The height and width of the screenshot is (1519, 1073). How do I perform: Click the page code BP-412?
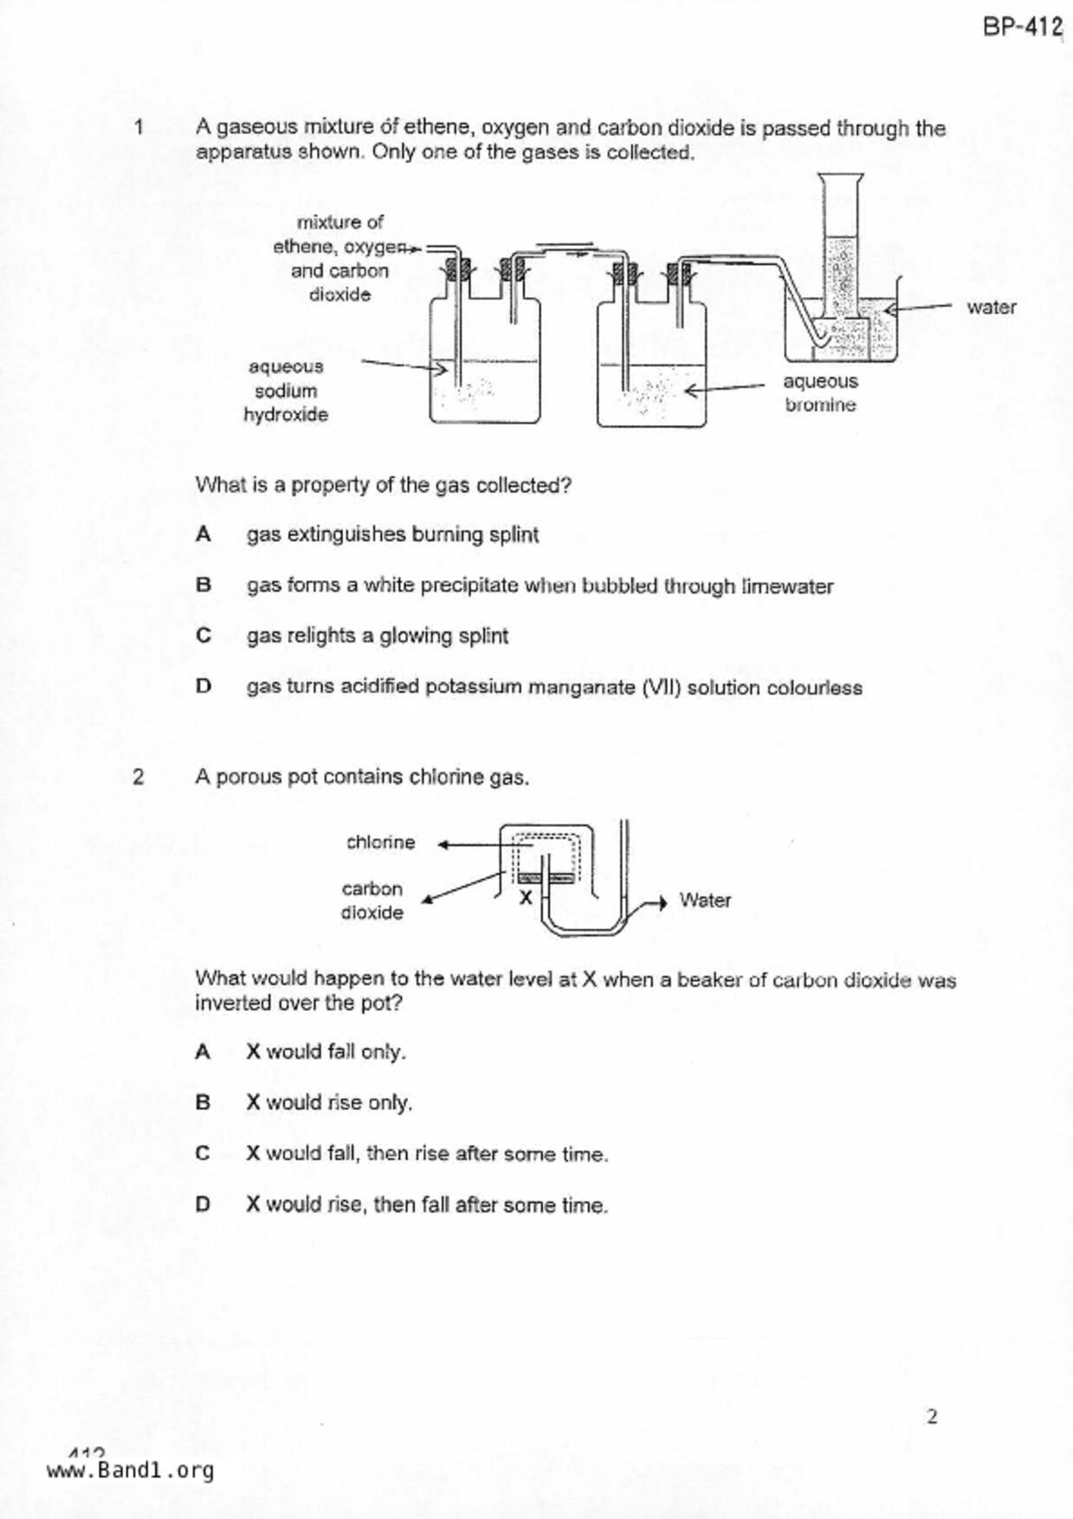point(1022,27)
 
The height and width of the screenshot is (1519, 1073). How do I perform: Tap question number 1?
point(139,128)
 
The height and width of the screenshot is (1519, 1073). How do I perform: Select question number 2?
point(139,777)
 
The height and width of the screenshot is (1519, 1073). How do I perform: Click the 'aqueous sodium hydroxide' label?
point(286,391)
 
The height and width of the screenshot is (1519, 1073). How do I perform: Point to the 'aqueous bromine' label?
point(820,393)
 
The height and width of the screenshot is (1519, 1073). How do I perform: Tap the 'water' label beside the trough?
point(991,307)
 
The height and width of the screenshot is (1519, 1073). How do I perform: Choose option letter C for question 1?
point(204,636)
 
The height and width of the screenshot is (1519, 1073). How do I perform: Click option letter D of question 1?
point(204,687)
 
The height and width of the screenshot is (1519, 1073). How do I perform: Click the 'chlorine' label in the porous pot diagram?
point(380,843)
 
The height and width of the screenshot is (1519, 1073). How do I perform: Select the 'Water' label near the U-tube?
point(705,901)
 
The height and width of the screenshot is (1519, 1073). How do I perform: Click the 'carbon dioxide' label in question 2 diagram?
point(372,901)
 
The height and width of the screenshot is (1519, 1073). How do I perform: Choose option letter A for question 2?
point(203,1052)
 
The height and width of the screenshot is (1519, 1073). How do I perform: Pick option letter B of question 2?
point(203,1102)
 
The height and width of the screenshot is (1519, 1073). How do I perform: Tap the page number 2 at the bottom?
point(932,1417)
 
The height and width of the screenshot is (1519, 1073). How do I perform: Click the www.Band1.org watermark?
point(130,1471)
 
